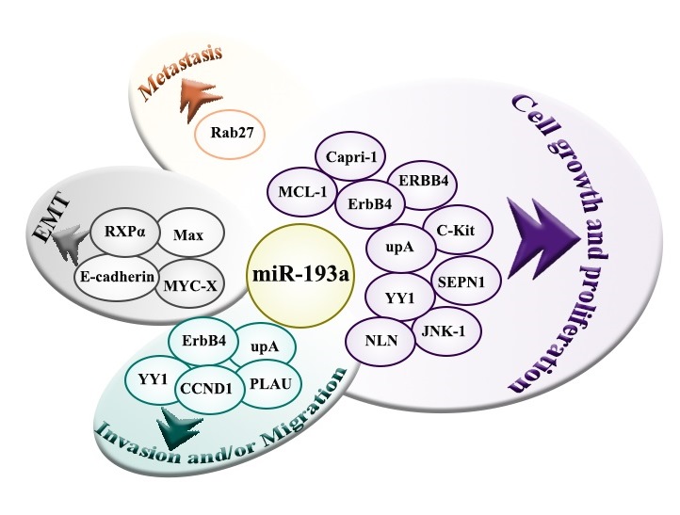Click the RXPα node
pos(126,229)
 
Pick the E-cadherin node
pos(115,277)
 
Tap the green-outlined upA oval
pos(264,346)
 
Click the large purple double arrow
pos(543,232)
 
